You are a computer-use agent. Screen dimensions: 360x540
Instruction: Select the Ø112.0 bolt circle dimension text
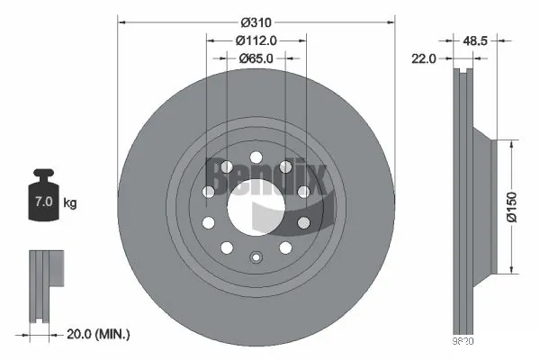[256, 40]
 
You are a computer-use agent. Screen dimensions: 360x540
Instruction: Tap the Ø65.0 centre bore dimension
[256, 58]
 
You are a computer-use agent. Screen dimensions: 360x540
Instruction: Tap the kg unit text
[69, 202]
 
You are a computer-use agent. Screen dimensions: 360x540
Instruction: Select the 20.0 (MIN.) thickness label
[100, 334]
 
